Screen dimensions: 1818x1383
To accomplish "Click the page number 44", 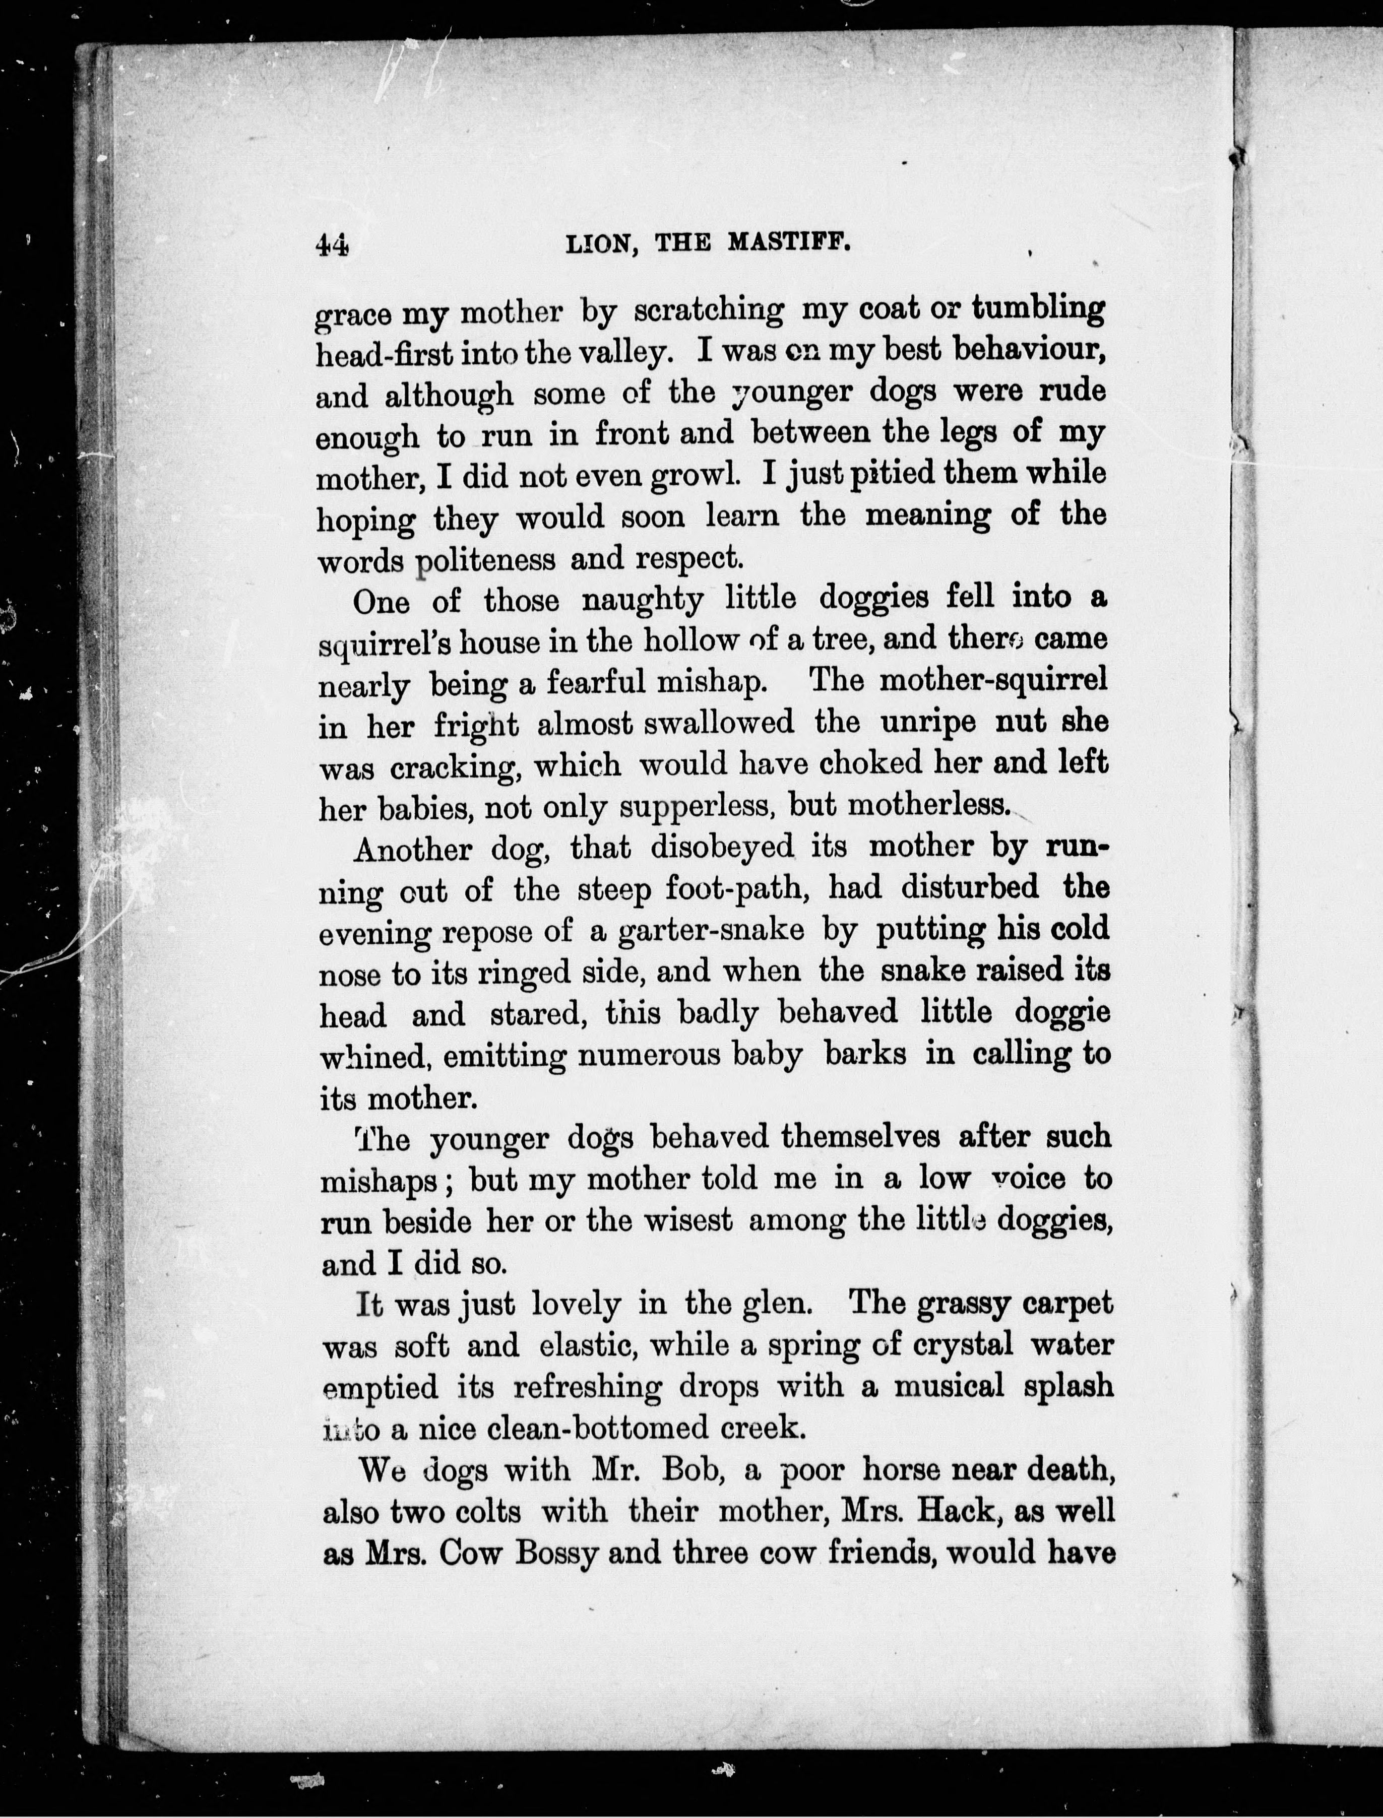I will (333, 245).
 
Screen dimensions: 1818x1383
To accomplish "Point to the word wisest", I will (687, 1220).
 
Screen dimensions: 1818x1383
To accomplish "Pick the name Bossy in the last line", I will (555, 1554).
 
